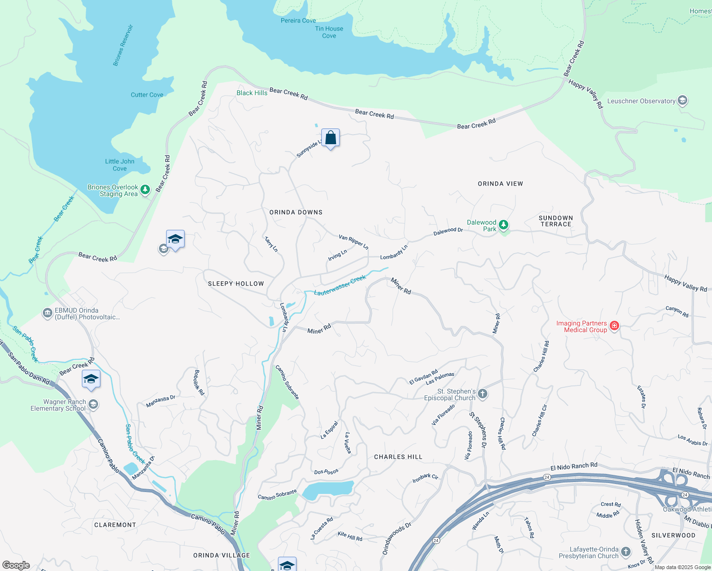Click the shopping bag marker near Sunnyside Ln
tap(330, 138)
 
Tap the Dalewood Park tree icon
tap(504, 225)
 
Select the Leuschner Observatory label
tap(641, 101)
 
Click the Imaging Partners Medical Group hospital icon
tap(614, 326)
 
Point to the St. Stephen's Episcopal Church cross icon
tap(482, 394)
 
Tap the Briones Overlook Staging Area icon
tap(145, 190)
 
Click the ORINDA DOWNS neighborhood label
tap(296, 212)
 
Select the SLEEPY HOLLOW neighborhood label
tap(236, 284)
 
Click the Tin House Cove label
tap(329, 32)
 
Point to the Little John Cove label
tap(119, 165)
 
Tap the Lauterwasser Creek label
tap(340, 285)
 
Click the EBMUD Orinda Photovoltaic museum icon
tap(47, 313)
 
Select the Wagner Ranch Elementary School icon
tap(93, 404)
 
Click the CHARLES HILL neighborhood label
tap(398, 457)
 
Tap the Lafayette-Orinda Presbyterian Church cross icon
tap(625, 551)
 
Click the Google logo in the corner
tap(16, 565)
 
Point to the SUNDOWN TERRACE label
tap(555, 221)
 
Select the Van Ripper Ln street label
tap(353, 242)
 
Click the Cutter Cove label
tap(147, 95)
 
